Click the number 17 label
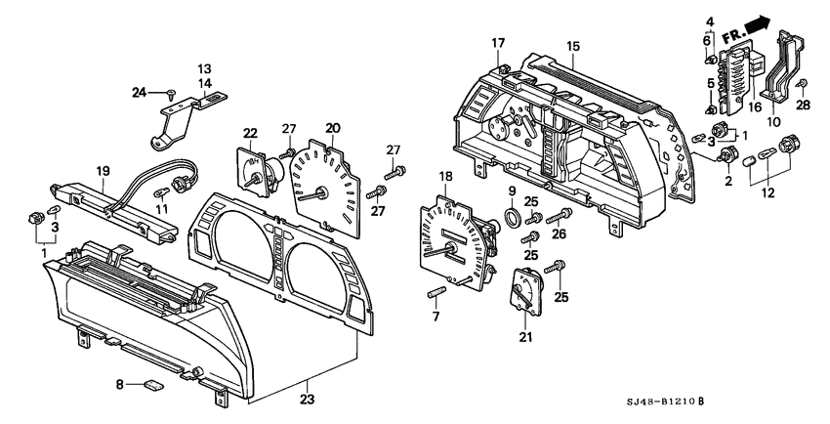[x=498, y=43]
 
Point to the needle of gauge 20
[x=317, y=195]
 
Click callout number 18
[x=446, y=176]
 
